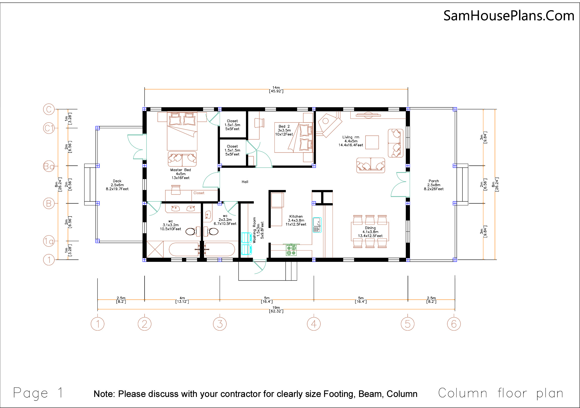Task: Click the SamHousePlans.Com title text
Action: click(x=509, y=16)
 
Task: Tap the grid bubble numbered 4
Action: click(x=314, y=324)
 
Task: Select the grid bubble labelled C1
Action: click(x=49, y=128)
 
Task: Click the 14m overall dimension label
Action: click(x=276, y=89)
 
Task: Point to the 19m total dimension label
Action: click(x=276, y=309)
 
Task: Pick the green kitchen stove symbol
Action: click(x=291, y=250)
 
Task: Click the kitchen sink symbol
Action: click(x=317, y=225)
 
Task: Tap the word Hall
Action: click(x=245, y=182)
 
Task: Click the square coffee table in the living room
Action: click(x=372, y=142)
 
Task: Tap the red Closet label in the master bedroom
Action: click(x=199, y=193)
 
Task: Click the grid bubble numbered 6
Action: click(x=454, y=324)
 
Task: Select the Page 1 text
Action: click(x=38, y=393)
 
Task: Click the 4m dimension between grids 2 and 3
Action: click(x=182, y=300)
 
